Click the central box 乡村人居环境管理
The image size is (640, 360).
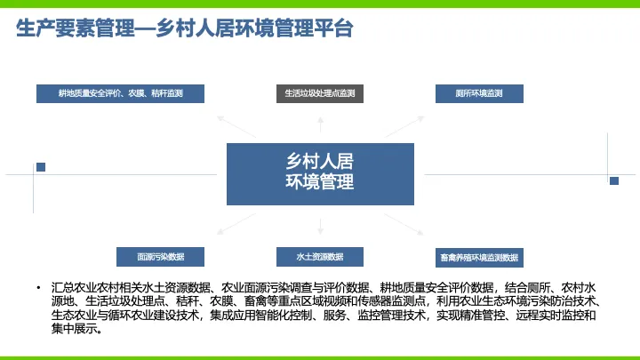[x=320, y=174]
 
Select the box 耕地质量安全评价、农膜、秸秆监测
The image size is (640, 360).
[x=120, y=93]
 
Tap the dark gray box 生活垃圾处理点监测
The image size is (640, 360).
[x=320, y=93]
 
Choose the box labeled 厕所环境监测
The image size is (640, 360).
[x=479, y=93]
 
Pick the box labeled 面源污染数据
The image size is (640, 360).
[x=160, y=257]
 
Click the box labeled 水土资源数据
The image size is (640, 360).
[x=320, y=257]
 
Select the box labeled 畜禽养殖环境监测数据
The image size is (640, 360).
[x=479, y=258]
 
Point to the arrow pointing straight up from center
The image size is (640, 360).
[x=320, y=124]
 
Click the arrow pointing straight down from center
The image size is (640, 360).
[x=320, y=227]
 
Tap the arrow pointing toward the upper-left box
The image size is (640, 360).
[x=236, y=126]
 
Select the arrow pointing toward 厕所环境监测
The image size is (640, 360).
[x=404, y=126]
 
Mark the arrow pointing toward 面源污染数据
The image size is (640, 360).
[x=236, y=224]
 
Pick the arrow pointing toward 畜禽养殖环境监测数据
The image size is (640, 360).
[x=404, y=224]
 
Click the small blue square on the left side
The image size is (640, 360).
[x=41, y=167]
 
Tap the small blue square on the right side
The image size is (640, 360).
[x=614, y=180]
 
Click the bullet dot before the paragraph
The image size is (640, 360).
[x=38, y=288]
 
